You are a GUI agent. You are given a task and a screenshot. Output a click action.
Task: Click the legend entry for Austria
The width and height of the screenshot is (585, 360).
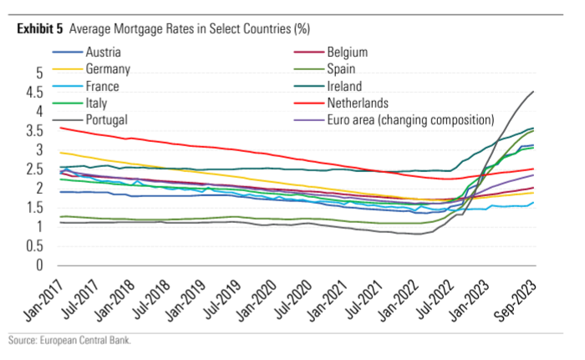click(104, 52)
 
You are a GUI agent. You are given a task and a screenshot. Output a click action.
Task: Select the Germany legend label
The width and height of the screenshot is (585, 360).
click(108, 69)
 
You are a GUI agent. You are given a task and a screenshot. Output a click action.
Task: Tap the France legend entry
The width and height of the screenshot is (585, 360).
click(103, 86)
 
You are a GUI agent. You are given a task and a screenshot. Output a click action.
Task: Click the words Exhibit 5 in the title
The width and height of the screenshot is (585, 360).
click(39, 28)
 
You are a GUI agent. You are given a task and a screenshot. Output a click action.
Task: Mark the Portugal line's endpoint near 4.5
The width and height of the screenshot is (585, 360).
click(533, 92)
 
